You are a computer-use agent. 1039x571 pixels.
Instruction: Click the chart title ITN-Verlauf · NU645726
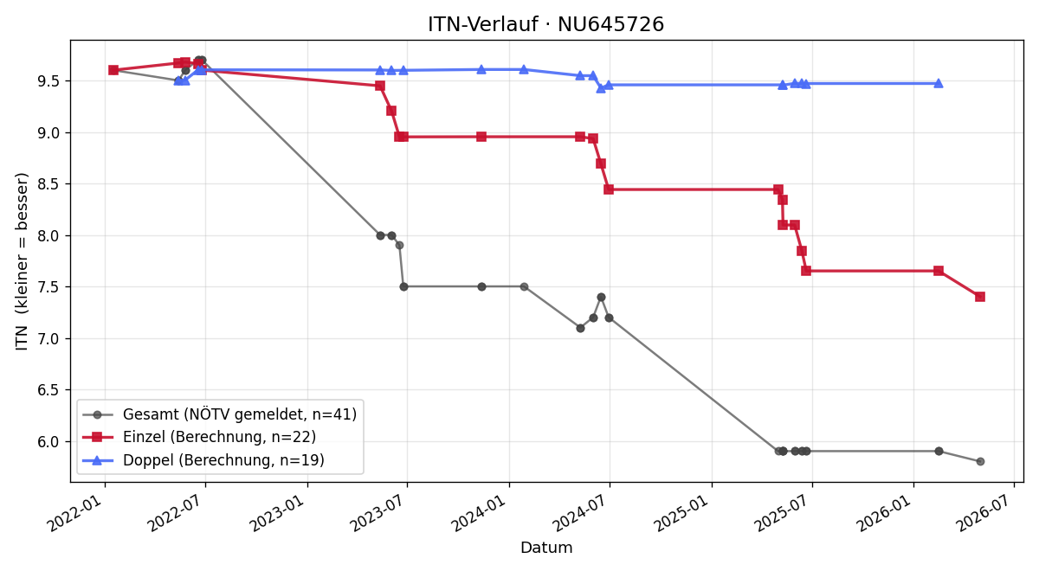pyautogui.click(x=546, y=24)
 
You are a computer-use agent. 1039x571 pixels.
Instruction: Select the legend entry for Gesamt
pyautogui.click(x=219, y=414)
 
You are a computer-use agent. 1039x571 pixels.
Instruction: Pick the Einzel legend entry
pyautogui.click(x=199, y=437)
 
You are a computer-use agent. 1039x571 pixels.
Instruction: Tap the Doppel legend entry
pyautogui.click(x=203, y=460)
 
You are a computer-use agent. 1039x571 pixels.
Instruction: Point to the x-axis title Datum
pyautogui.click(x=546, y=548)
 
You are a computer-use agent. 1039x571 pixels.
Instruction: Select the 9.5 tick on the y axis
pyautogui.click(x=48, y=81)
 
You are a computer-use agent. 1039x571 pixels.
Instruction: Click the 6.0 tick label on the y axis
pyautogui.click(x=48, y=442)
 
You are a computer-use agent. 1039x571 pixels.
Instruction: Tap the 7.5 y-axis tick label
pyautogui.click(x=48, y=287)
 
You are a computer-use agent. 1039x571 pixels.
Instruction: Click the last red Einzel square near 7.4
pyautogui.click(x=980, y=297)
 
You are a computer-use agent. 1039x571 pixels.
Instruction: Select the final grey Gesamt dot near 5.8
pyautogui.click(x=980, y=462)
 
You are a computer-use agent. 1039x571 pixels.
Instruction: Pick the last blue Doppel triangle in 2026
pyautogui.click(x=939, y=83)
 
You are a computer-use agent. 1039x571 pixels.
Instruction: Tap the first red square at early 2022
pyautogui.click(x=113, y=70)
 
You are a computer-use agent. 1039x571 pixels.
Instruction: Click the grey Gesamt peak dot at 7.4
pyautogui.click(x=601, y=297)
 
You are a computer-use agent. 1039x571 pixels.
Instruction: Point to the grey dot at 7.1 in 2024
pyautogui.click(x=580, y=328)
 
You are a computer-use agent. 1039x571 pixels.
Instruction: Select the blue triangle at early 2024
pyautogui.click(x=524, y=69)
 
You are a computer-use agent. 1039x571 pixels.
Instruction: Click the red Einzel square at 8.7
pyautogui.click(x=601, y=164)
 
